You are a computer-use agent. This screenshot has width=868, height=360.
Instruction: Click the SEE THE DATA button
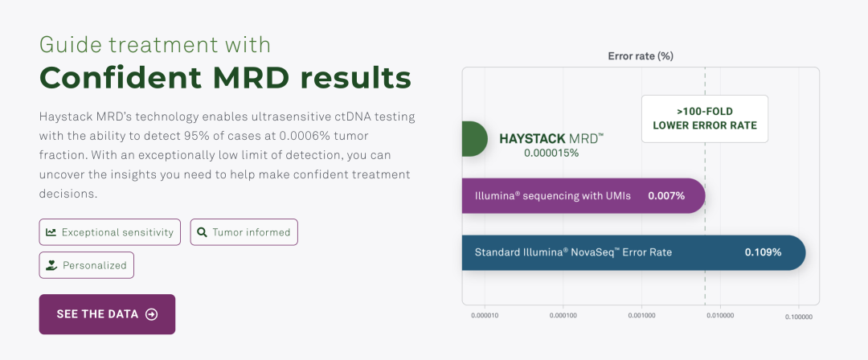(107, 314)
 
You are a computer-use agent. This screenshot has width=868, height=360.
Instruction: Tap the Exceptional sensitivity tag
(109, 232)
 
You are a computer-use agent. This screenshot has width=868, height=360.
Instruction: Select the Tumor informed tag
(244, 232)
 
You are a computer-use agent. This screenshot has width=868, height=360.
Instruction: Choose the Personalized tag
(86, 265)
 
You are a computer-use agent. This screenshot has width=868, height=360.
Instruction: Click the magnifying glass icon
(202, 232)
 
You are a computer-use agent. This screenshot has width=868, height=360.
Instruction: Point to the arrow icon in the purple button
(151, 314)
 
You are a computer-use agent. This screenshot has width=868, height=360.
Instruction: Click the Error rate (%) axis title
(641, 56)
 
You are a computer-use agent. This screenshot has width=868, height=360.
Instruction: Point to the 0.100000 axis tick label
(799, 317)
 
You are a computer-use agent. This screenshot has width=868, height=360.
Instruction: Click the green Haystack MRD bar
(474, 138)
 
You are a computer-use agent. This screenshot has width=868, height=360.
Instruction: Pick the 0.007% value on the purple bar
(666, 196)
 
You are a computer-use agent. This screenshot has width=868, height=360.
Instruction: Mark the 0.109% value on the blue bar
(763, 252)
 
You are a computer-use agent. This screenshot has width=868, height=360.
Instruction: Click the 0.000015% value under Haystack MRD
(551, 153)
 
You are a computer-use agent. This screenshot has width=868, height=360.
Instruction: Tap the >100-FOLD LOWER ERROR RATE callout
(705, 118)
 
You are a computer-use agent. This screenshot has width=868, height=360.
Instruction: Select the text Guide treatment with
(155, 44)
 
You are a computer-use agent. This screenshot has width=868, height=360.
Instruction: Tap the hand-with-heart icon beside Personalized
(51, 265)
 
